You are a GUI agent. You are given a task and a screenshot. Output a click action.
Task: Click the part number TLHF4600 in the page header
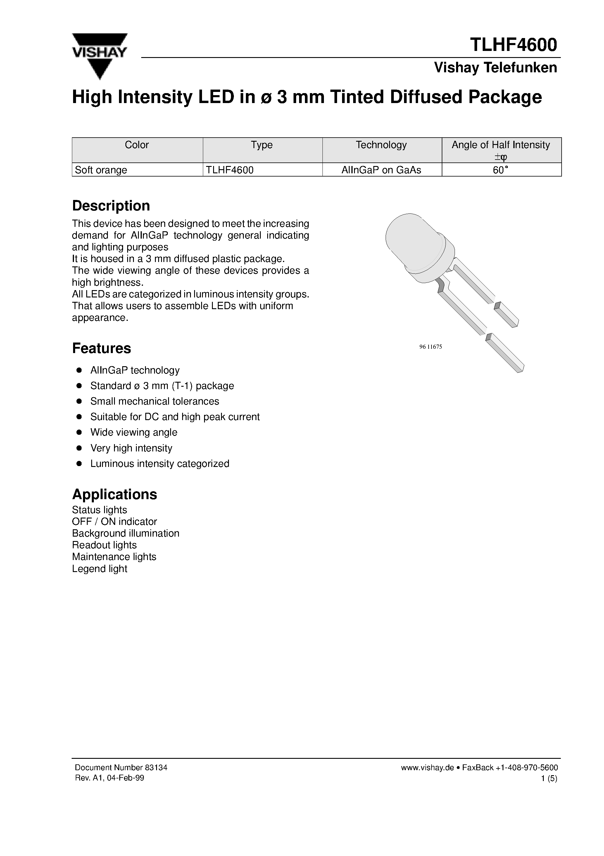(x=513, y=45)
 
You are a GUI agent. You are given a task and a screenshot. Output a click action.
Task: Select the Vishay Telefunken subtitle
(x=495, y=68)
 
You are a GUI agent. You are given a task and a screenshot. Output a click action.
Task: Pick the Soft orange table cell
(x=101, y=170)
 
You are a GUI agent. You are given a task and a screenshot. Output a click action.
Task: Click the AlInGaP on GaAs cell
(x=381, y=170)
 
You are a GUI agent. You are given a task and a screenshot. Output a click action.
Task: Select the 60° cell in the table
(x=501, y=170)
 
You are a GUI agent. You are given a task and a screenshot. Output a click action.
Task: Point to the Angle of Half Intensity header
(x=501, y=145)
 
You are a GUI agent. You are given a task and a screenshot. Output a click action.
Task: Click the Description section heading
(x=111, y=206)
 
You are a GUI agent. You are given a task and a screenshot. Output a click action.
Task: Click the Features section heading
(x=101, y=348)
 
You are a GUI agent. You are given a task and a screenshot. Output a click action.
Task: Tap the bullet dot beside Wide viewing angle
(x=79, y=432)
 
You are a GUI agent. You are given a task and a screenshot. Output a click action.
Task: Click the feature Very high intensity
(x=131, y=448)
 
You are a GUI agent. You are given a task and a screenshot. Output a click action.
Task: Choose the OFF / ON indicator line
(x=114, y=522)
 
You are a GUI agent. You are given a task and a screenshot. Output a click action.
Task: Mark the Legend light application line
(x=99, y=569)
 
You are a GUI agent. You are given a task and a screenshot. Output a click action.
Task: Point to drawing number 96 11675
(x=430, y=347)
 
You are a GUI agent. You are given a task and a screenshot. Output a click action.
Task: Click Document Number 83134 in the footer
(x=121, y=768)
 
